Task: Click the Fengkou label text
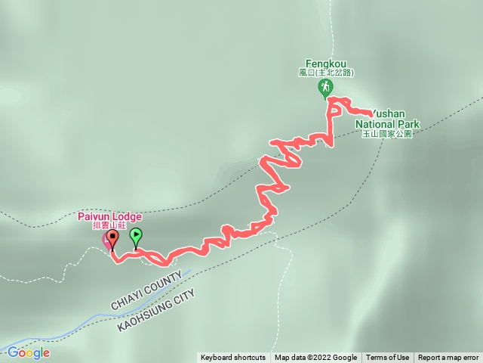[325, 64]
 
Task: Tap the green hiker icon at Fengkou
[325, 88]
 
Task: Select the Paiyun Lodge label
[109, 216]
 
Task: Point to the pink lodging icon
[106, 240]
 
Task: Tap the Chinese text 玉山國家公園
[387, 133]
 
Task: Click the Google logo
[28, 352]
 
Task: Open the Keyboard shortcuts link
[233, 358]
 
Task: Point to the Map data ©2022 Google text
[315, 358]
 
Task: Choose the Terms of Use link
[388, 358]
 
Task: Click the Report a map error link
[448, 358]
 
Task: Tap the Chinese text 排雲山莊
[109, 225]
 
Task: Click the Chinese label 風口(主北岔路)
[325, 73]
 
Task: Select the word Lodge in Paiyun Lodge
[127, 216]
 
